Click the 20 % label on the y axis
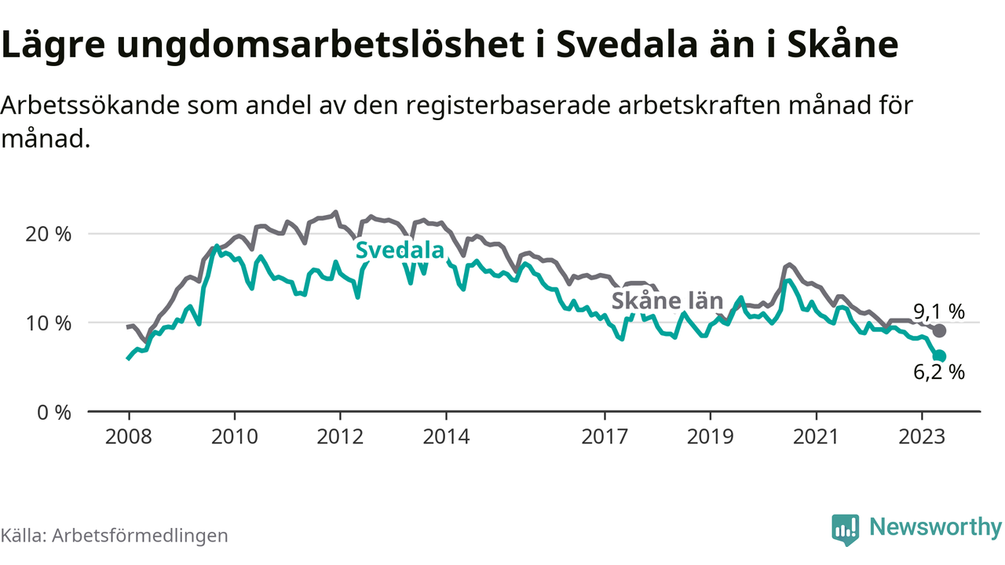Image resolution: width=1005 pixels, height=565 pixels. click(x=49, y=234)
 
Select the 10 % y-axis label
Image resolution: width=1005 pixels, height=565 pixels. click(x=49, y=323)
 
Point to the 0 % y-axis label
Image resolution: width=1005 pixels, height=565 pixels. click(x=54, y=411)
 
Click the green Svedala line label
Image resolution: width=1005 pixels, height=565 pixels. click(x=400, y=250)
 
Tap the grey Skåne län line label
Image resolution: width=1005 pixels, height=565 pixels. click(x=655, y=301)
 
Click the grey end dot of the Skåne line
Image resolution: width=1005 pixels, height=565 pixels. click(x=939, y=330)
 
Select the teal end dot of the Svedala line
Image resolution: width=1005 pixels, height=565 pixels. click(x=939, y=356)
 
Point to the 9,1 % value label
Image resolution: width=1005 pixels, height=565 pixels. click(x=938, y=312)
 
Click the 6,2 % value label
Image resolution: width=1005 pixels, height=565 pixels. click(x=938, y=374)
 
